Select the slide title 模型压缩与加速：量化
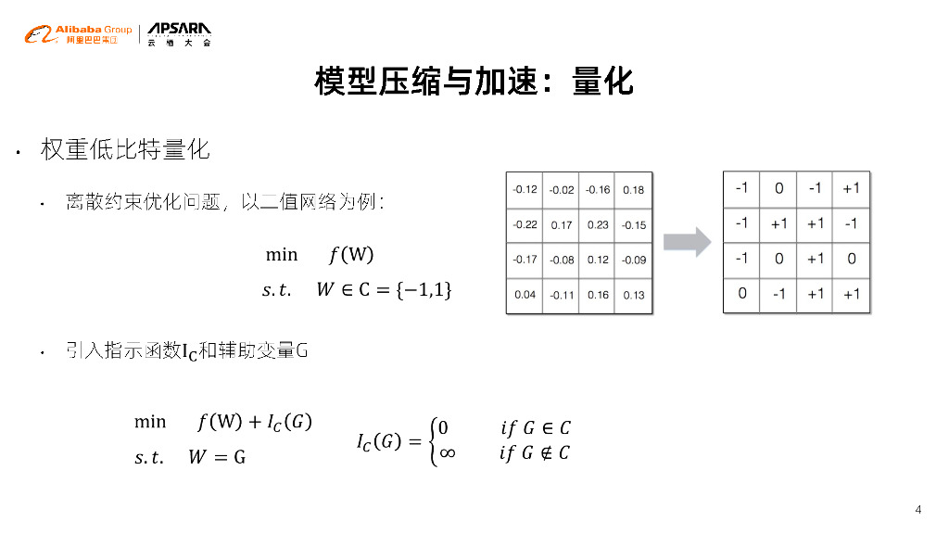point(474,82)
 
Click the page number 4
point(917,510)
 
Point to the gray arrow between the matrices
point(688,243)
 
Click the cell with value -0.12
point(525,190)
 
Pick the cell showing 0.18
point(634,190)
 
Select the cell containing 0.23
point(598,225)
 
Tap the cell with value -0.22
point(525,225)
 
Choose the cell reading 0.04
point(525,296)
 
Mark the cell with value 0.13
point(634,296)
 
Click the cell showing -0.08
point(562,261)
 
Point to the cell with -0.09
point(634,261)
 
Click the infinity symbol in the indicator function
point(446,453)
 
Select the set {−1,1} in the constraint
point(424,290)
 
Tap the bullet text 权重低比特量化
point(125,149)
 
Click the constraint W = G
point(217,457)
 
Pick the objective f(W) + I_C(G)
point(255,423)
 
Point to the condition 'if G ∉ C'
point(535,453)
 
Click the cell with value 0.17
point(562,225)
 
